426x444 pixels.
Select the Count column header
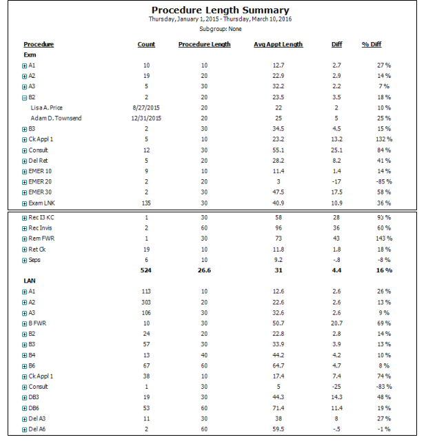point(146,45)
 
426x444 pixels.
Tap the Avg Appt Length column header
point(278,45)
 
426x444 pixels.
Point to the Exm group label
point(30,54)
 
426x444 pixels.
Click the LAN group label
point(30,281)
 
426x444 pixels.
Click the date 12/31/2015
point(146,119)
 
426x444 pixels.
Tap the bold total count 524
point(146,271)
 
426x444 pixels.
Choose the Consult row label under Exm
point(38,150)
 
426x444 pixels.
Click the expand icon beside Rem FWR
point(24,239)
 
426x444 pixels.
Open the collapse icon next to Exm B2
point(24,97)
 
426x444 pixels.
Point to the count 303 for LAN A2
point(146,302)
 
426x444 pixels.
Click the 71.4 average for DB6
point(278,408)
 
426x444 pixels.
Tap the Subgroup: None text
point(219,30)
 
